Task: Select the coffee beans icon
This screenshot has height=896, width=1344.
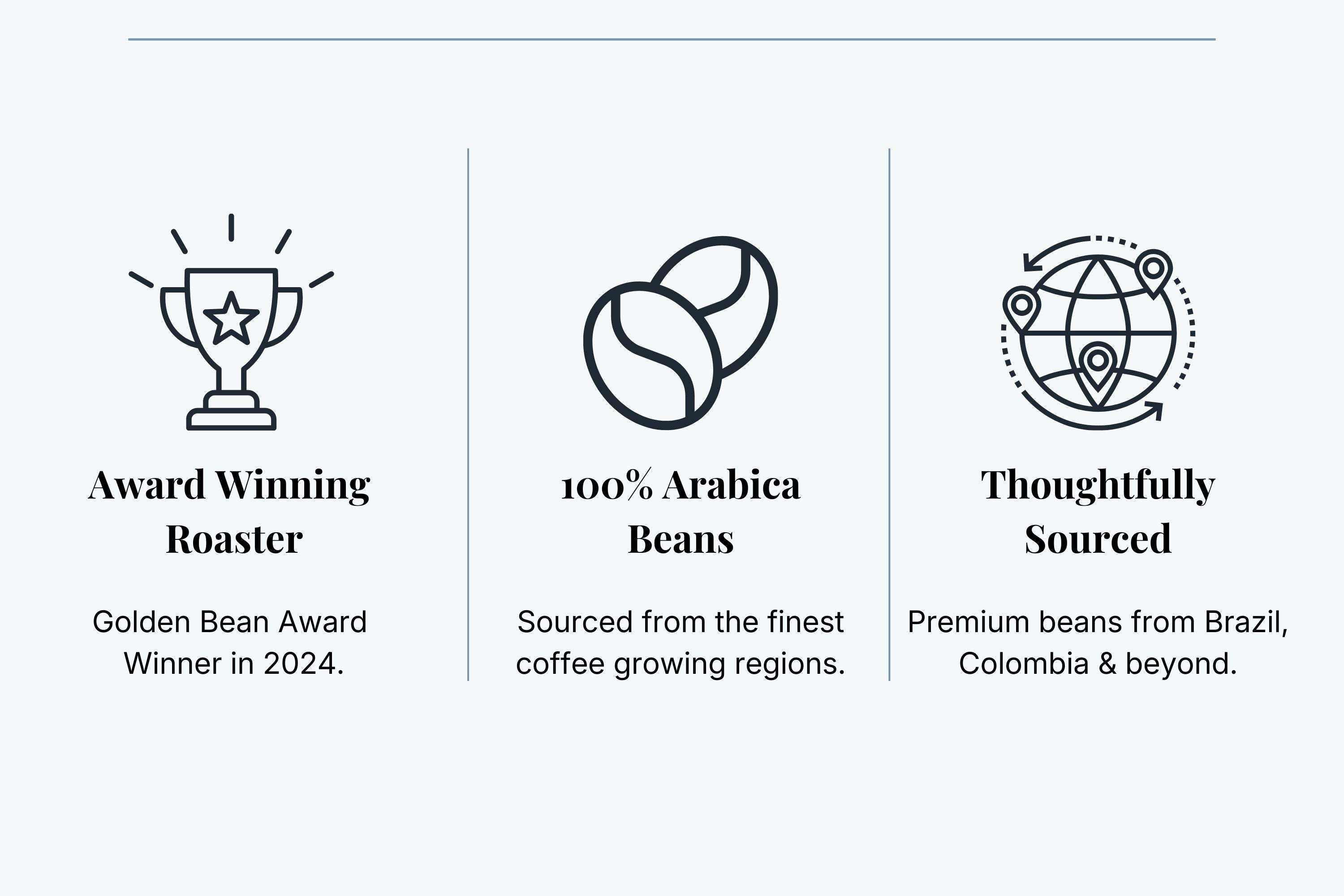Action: (x=680, y=332)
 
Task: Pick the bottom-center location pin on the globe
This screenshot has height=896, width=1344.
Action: (x=1097, y=366)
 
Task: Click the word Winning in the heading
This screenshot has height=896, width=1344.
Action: (x=293, y=486)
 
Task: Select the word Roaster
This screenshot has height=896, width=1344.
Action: (x=234, y=539)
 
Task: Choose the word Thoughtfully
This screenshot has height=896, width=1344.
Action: (x=1098, y=486)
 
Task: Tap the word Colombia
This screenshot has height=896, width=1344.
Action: (x=1023, y=664)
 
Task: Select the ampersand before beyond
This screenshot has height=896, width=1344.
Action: (x=1107, y=664)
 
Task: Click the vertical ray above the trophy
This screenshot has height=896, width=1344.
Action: (x=231, y=228)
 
